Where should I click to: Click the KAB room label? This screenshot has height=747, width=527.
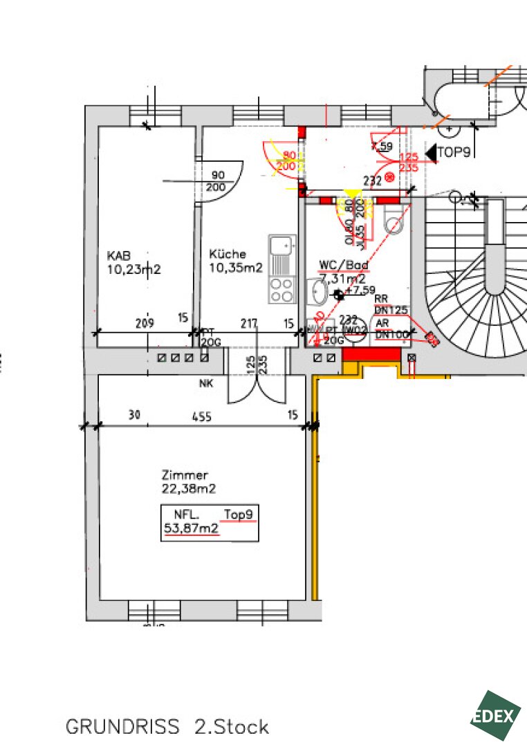[x=119, y=255]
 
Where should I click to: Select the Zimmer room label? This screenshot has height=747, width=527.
[x=185, y=475]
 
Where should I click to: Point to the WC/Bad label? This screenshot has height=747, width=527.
[x=343, y=265]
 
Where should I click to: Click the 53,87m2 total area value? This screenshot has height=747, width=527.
[x=191, y=529]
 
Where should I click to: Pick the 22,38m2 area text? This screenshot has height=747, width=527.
[x=188, y=489]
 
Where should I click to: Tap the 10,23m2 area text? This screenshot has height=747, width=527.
[x=133, y=270]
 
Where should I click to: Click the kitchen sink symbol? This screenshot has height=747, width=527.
[x=281, y=246]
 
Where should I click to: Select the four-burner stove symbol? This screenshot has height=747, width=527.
[x=281, y=289]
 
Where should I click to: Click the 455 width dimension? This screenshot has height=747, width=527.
[x=201, y=416]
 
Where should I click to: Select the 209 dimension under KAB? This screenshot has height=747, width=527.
[x=145, y=322]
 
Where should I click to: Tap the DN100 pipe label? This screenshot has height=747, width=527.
[x=391, y=335]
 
